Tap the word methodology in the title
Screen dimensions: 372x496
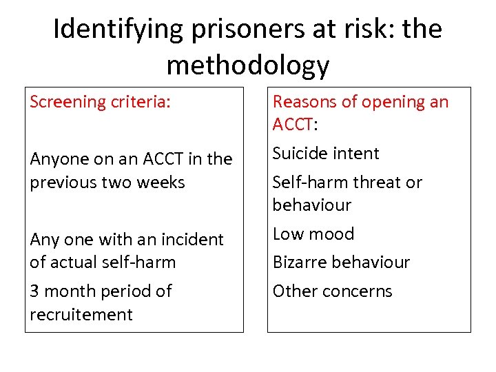pos(248,65)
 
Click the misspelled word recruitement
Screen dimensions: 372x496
pos(81,315)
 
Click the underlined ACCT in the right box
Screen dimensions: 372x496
pos(293,125)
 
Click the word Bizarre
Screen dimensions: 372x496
pos(300,262)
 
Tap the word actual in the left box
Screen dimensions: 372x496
pos(74,262)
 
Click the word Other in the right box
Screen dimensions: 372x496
pos(292,291)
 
